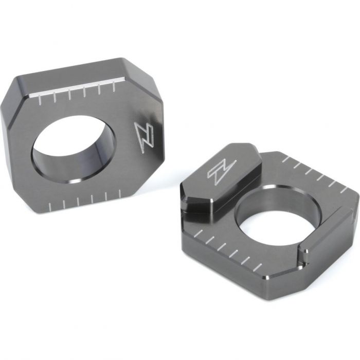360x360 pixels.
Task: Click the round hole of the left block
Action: (x=74, y=149)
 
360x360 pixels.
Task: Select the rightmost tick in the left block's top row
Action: (x=114, y=86)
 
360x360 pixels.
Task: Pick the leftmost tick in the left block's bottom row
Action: (x=50, y=206)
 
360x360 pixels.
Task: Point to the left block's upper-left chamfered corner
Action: (x=10, y=89)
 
